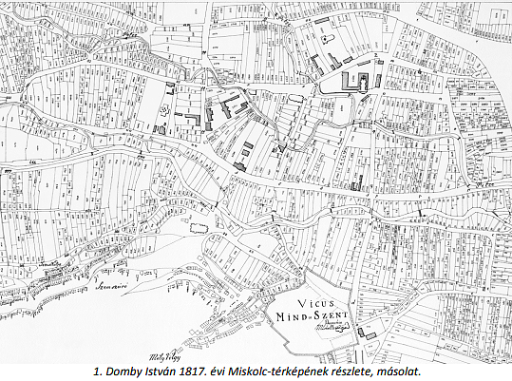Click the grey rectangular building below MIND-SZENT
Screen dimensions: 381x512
[x=364, y=333]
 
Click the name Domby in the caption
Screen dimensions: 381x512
[x=133, y=371]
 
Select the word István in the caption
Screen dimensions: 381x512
[x=172, y=371]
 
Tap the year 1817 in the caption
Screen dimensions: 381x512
[x=208, y=371]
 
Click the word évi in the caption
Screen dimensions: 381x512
[x=235, y=371]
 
